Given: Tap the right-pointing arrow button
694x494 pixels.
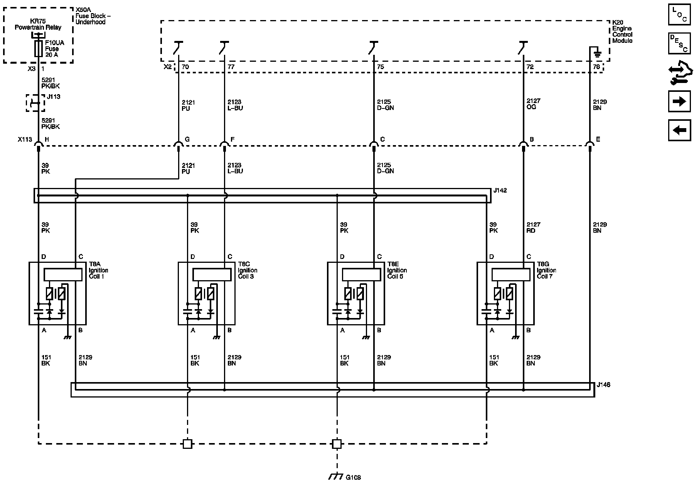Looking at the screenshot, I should point(679,102).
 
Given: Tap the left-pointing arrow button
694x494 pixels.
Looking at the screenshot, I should point(679,130).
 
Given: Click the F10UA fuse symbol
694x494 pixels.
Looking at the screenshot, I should point(38,49).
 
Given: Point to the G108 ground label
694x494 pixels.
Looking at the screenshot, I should point(353,477).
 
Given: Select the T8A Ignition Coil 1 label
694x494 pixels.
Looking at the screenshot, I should point(98,270).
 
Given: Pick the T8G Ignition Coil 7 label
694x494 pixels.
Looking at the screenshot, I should point(546,270).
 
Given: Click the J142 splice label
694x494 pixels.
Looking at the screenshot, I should point(500,190).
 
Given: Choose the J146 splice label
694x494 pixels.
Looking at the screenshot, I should point(603,385).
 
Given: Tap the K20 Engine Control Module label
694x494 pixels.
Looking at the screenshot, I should point(622,32).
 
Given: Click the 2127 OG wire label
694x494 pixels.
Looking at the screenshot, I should point(534,104).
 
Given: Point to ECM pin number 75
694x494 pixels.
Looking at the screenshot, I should point(381,67).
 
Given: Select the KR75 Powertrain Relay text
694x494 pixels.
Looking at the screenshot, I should point(38,24).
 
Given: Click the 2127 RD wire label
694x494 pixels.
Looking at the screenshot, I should point(534,228).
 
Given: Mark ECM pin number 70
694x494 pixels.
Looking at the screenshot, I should point(185,67).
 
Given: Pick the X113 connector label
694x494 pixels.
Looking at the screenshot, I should point(25,139).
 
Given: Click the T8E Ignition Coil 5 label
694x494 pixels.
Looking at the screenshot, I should point(397,270).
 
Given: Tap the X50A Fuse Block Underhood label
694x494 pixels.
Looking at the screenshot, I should point(90,16).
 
